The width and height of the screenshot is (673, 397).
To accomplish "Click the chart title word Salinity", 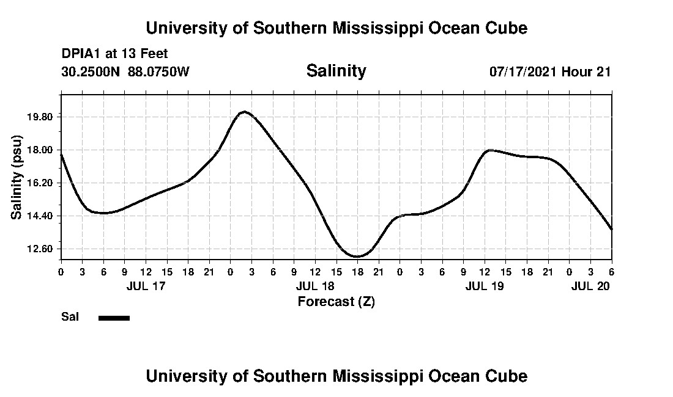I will pyautogui.click(x=336, y=71).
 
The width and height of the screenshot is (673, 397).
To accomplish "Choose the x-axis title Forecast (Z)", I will pyautogui.click(x=336, y=301).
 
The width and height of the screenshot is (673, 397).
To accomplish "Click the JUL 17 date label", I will pyautogui.click(x=146, y=286).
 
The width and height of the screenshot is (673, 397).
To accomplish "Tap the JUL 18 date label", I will pyautogui.click(x=315, y=286).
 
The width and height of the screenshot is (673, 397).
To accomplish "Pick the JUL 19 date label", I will pyautogui.click(x=485, y=286).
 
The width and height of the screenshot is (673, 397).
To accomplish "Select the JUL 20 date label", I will pyautogui.click(x=591, y=286).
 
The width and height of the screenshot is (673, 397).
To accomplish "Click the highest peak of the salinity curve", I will pyautogui.click(x=244, y=112).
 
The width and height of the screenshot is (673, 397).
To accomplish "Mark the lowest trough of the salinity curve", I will pyautogui.click(x=358, y=257).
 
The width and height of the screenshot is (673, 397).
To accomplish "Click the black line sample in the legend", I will pyautogui.click(x=114, y=318).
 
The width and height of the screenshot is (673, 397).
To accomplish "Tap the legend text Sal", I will pyautogui.click(x=69, y=317).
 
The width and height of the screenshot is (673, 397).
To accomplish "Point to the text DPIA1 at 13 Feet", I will pyautogui.click(x=114, y=54).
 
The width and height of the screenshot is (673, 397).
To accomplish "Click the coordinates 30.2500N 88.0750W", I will pyautogui.click(x=125, y=71).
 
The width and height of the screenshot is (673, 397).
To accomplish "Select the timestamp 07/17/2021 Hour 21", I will pyautogui.click(x=550, y=71).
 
